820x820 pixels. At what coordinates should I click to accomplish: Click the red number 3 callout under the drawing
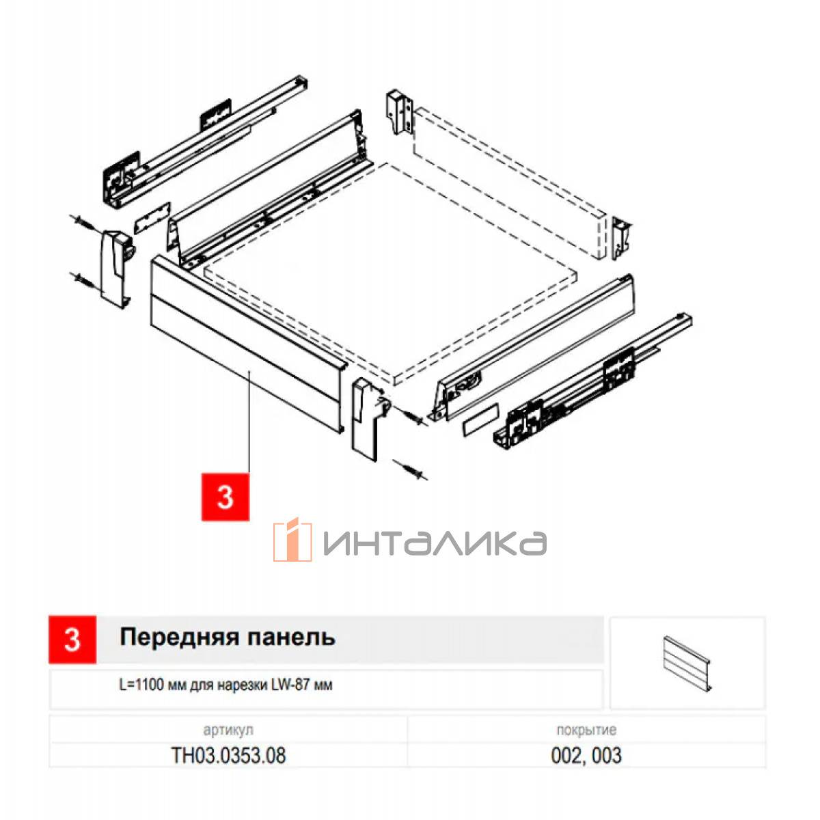click(225, 496)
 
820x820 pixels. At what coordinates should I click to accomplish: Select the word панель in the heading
click(292, 638)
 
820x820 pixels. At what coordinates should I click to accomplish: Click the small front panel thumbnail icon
click(687, 664)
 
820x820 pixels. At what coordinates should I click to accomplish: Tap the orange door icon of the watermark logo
click(293, 539)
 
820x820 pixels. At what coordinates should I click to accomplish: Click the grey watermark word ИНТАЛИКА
click(435, 543)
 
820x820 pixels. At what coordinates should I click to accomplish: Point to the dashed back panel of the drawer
click(509, 183)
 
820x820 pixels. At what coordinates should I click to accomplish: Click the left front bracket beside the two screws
click(115, 268)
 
